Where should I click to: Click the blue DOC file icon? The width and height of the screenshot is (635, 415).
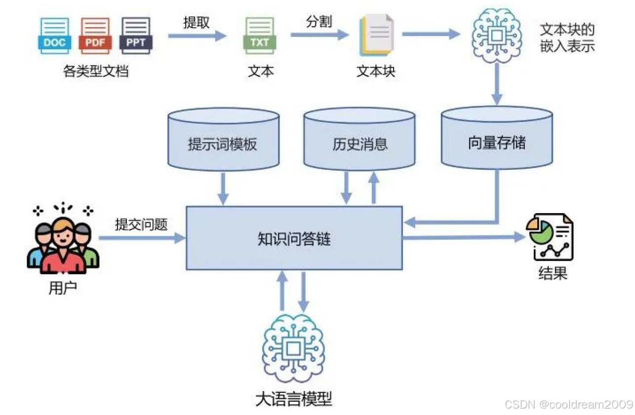[x=54, y=36]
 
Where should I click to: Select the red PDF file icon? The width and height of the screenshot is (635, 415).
[x=95, y=36]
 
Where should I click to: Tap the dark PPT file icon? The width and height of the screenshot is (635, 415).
[x=136, y=36]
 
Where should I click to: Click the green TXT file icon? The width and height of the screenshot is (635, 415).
[x=259, y=36]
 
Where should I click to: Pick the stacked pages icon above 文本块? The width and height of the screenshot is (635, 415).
[x=377, y=36]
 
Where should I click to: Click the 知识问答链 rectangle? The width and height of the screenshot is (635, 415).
[x=294, y=238]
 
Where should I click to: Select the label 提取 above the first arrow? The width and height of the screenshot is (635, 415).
[x=197, y=23]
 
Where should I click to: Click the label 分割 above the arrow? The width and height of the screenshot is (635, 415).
[x=319, y=22]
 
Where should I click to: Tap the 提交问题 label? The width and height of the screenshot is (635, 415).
[x=141, y=225]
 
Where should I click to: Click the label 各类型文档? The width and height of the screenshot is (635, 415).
[x=96, y=71]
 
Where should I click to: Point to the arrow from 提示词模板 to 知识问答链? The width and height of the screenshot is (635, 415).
[x=223, y=188]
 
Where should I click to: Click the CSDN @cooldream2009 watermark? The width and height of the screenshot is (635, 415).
[x=568, y=404]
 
